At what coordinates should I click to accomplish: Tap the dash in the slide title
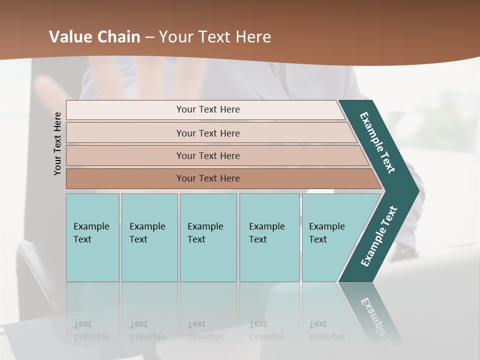coord(149,37)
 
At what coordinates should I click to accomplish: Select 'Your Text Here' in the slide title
coord(214,37)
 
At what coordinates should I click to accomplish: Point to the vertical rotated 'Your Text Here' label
coord(57,143)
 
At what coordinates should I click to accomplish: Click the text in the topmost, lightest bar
coord(208,109)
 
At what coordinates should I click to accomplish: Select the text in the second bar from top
coord(208,133)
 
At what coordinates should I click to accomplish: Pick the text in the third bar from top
coord(208,156)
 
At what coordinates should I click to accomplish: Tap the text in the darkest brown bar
coord(208,178)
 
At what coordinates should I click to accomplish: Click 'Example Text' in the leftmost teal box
coord(91,233)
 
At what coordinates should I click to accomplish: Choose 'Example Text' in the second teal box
coord(147,233)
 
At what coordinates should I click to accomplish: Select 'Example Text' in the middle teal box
coord(205,233)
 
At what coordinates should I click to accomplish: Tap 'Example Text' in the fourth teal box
coord(266,233)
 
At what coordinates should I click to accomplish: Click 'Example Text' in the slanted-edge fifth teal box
coord(326,233)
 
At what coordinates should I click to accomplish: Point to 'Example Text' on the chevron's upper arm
coord(377,142)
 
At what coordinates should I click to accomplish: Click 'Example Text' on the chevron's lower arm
coord(379,236)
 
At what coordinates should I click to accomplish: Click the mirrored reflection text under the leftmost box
coord(91,330)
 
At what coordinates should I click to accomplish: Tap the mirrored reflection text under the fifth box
coord(326,330)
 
